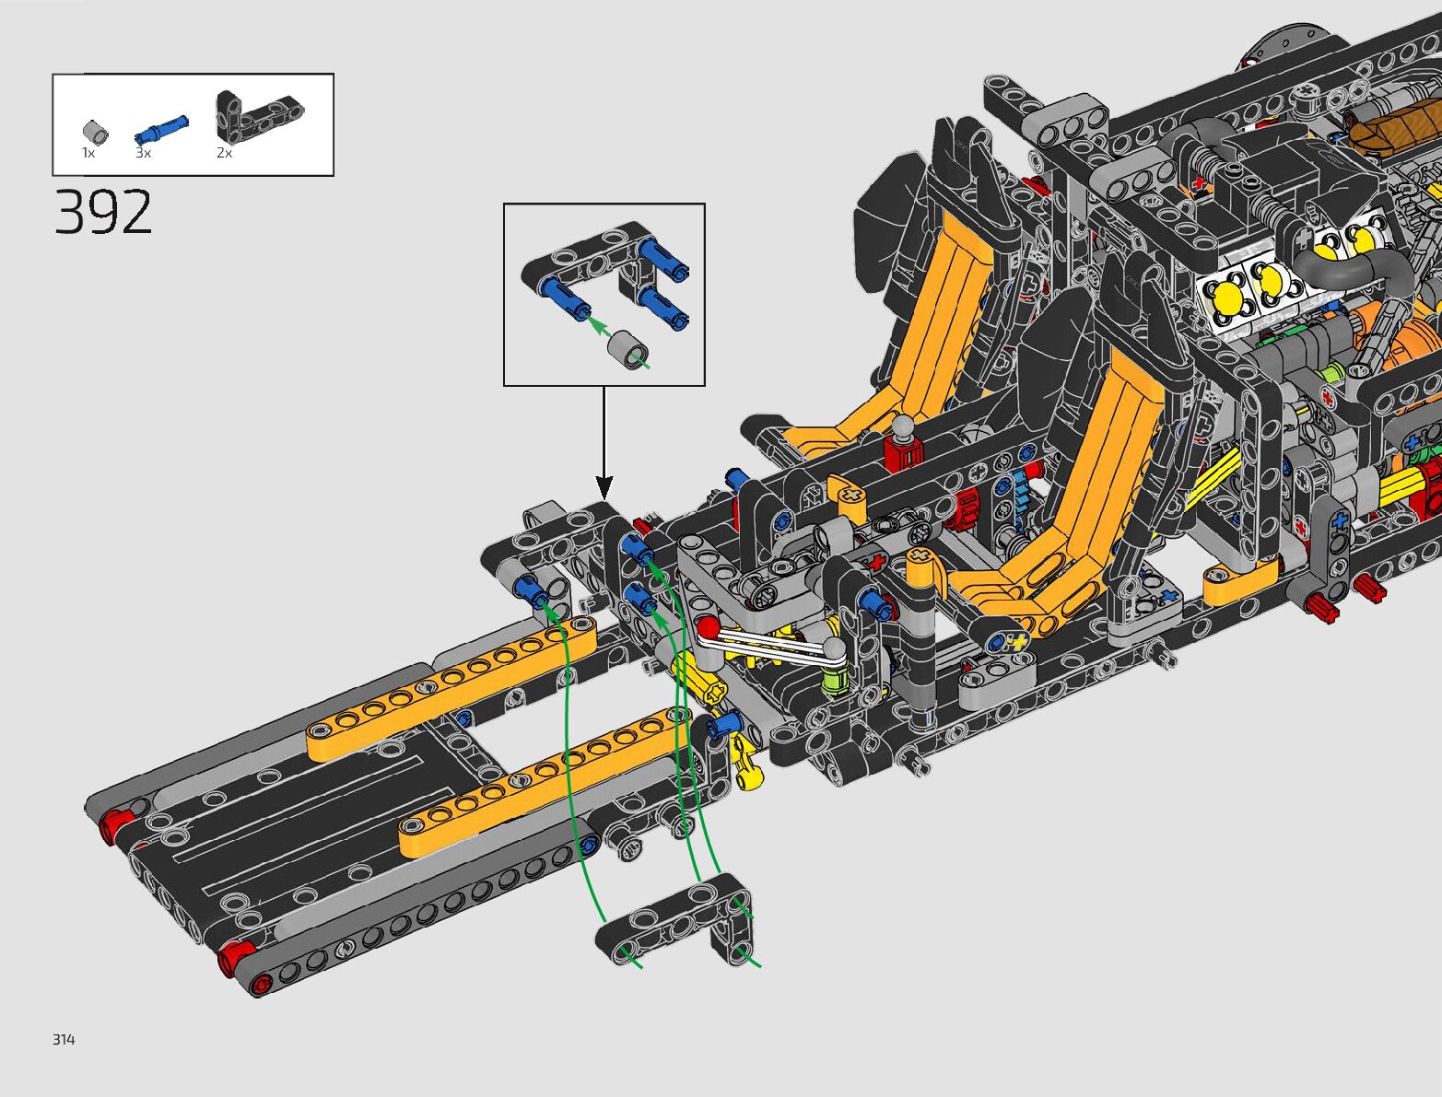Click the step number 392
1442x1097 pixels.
103,212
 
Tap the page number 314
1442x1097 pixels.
64,1039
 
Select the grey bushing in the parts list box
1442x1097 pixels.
96,132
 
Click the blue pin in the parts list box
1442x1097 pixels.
161,129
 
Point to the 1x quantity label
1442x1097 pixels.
88,153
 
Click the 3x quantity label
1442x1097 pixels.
143,153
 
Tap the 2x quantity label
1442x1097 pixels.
224,153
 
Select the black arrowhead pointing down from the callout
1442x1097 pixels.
604,487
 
